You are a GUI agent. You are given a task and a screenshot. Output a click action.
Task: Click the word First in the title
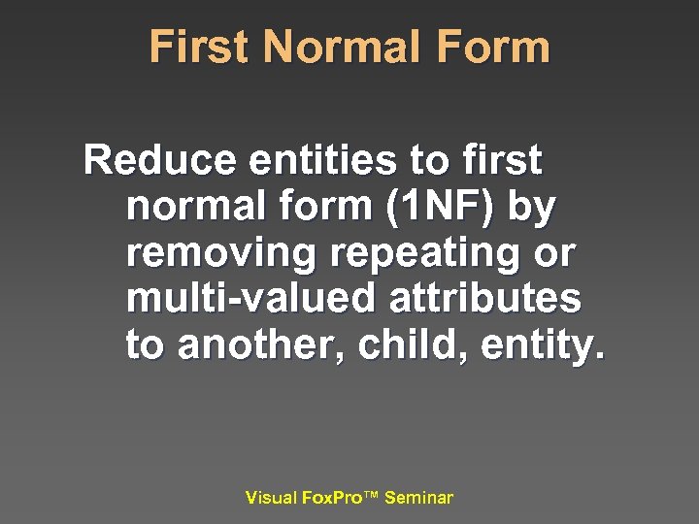coord(200,47)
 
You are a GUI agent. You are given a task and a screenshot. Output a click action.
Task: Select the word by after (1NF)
coord(532,208)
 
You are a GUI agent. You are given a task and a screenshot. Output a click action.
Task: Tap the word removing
coord(221,252)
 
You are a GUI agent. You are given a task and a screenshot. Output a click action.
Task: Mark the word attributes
coord(486,299)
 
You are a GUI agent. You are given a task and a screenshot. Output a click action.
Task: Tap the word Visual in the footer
coord(271,498)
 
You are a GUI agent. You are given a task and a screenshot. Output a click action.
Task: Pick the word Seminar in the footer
coord(418,498)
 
